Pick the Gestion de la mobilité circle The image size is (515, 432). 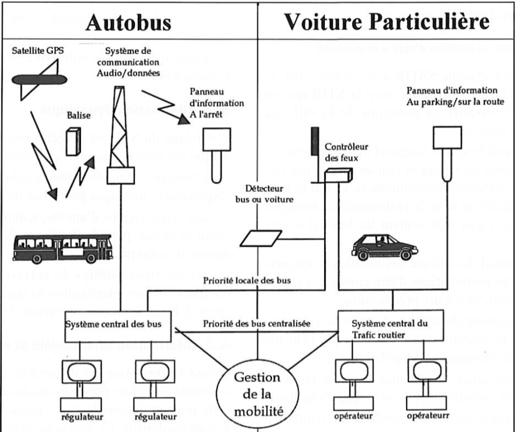click(x=258, y=390)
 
